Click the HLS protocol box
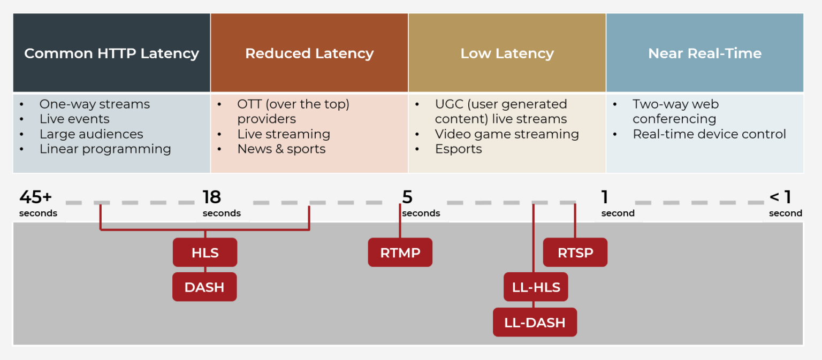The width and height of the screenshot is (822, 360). pos(204,252)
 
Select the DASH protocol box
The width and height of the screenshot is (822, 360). pos(204,287)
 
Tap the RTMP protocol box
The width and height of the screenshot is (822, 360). pos(400,252)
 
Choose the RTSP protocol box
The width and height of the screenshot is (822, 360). pos(575,252)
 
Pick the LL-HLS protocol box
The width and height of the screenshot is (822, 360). pos(536,287)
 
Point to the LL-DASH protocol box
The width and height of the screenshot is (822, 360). pos(535,322)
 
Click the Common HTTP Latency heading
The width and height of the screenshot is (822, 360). pos(111,53)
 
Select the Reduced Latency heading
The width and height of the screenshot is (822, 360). pos(309,53)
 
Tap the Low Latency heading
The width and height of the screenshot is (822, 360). pos(507,53)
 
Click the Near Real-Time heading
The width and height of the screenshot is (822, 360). pos(704,53)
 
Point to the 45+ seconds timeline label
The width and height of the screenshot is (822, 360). pos(37,203)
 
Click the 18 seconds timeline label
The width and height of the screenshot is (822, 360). pos(221,203)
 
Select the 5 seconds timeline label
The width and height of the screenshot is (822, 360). pos(420,203)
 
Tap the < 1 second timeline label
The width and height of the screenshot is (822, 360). pos(785,203)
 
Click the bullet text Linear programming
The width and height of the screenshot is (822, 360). pos(105,149)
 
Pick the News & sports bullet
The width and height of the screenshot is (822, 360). pos(281,149)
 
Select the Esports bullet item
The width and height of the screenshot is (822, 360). pos(458,149)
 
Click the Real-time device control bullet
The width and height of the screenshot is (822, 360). pos(709,134)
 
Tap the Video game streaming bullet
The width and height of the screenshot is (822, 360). pos(506,134)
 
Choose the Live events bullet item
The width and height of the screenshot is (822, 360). pos(74,119)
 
